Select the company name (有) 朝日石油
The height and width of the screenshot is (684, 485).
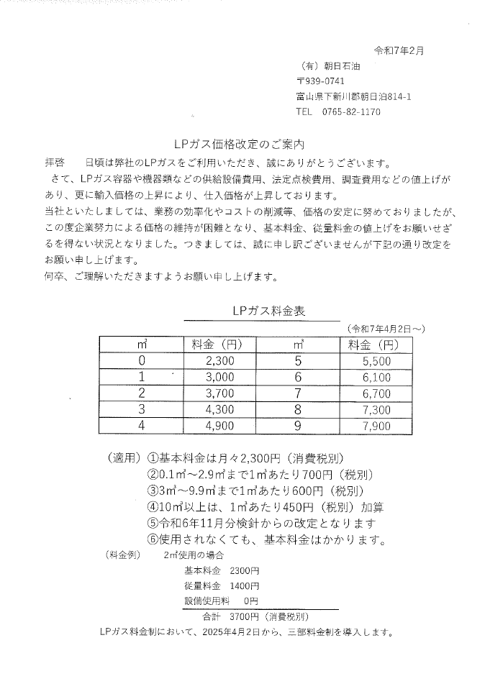332,66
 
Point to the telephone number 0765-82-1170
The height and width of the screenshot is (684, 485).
350,112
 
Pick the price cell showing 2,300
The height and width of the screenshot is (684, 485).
219,360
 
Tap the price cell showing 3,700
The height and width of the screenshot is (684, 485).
219,393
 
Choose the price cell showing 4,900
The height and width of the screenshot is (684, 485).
219,426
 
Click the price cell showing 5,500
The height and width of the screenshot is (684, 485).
376,360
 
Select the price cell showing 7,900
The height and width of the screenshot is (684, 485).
376,426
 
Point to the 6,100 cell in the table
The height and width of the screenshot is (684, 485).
376,377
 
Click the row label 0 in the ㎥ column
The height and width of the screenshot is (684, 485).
142,360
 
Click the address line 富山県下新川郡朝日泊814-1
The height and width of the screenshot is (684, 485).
353,96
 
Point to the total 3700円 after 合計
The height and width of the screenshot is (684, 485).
244,617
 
